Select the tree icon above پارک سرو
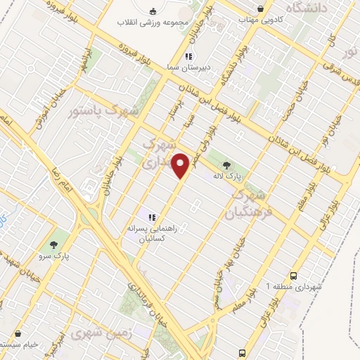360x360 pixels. tap(54, 245)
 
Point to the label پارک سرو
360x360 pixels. tap(54, 257)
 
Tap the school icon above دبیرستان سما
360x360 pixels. tap(188, 56)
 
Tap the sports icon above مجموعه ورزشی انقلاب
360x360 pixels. tap(153, 10)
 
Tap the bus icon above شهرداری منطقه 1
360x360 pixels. tap(292, 276)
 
